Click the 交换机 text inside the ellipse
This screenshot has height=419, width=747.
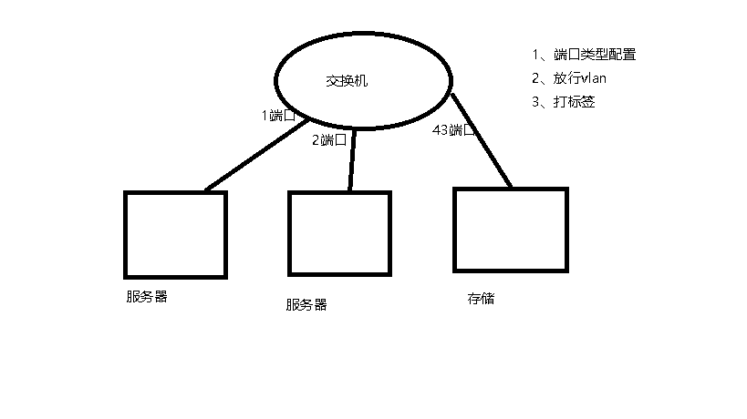point(347,81)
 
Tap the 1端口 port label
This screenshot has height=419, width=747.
point(278,116)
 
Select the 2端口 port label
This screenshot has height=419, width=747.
point(329,139)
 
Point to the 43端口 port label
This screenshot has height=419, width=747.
point(453,130)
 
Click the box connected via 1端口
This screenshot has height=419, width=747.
point(175,234)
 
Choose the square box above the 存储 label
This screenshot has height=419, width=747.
point(510,230)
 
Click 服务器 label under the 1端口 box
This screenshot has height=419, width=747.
point(147,297)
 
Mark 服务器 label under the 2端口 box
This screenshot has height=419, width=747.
point(306,305)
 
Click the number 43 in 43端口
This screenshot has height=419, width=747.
point(440,130)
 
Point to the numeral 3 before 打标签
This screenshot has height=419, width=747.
point(535,102)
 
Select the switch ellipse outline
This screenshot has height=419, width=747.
point(277,82)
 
